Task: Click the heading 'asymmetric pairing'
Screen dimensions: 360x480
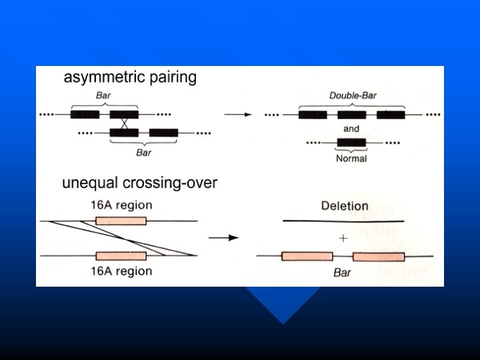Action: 130,78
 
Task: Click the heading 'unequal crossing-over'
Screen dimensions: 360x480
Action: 139,182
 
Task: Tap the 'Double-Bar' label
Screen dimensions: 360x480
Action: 353,95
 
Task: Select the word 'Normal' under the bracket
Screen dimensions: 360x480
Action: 351,159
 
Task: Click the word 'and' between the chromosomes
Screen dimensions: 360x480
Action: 351,128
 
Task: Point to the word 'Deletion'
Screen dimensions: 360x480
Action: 344,205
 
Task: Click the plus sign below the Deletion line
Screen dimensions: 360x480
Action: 343,238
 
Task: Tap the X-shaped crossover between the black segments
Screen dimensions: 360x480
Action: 125,123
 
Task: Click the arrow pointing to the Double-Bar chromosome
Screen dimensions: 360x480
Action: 238,115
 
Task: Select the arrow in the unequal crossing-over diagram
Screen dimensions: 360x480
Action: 224,237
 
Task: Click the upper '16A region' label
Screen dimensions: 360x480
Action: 121,205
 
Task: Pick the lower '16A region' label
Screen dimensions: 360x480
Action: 121,271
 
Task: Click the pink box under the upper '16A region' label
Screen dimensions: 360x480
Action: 121,221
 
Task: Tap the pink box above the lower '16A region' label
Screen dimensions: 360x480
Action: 121,255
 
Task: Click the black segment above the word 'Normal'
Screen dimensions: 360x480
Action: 351,142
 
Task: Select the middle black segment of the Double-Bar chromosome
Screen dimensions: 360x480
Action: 351,115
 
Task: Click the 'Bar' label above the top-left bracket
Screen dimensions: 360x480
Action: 103,96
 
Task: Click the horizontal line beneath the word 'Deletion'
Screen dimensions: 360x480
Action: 343,220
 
